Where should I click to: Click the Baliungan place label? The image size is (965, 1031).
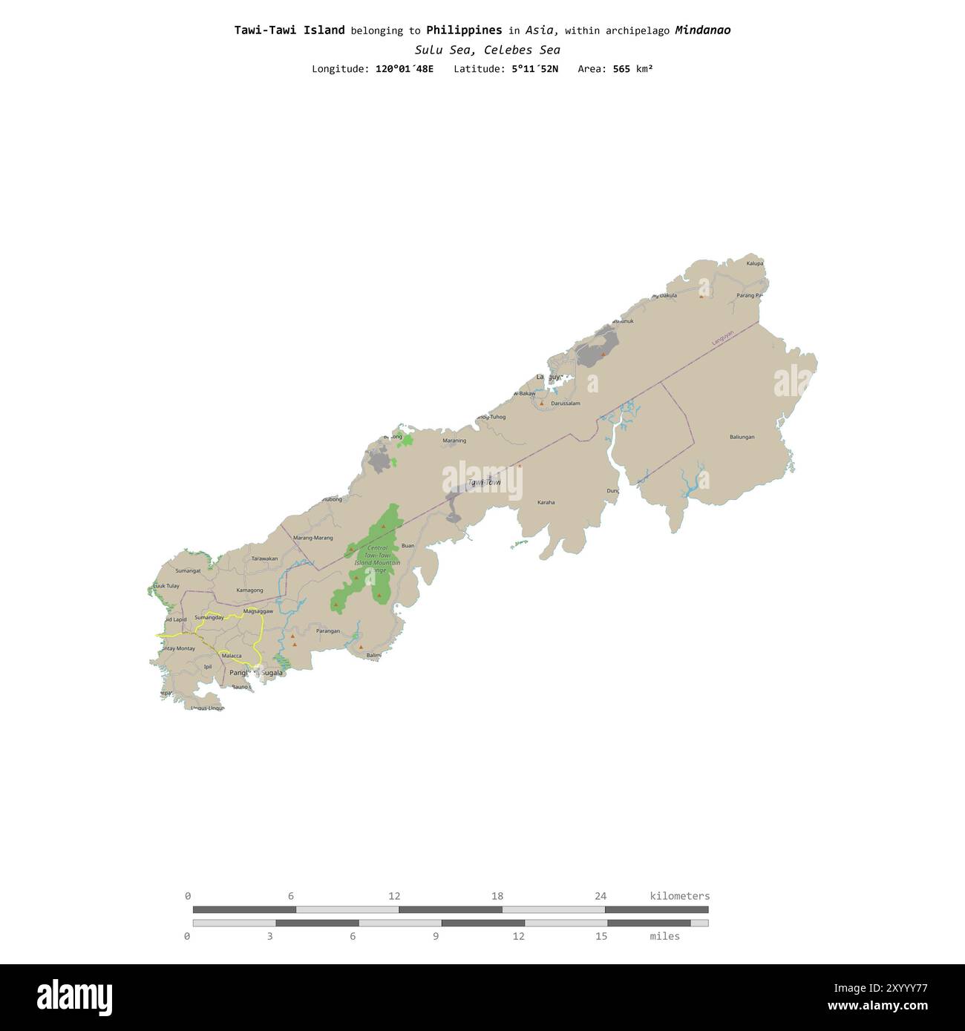[742, 437]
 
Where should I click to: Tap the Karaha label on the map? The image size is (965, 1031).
[546, 502]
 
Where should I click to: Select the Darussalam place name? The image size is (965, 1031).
[566, 403]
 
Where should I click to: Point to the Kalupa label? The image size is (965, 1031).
[754, 263]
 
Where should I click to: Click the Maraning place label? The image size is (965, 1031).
[454, 441]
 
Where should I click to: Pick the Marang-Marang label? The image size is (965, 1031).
[313, 538]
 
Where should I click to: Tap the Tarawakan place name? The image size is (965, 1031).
[264, 559]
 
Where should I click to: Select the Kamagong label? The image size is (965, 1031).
[249, 590]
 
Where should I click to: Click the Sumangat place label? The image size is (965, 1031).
[188, 570]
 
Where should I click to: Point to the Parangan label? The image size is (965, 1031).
[327, 631]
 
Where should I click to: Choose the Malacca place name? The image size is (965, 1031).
[232, 656]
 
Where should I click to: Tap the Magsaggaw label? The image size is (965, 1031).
[258, 611]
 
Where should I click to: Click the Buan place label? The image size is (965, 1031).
[408, 546]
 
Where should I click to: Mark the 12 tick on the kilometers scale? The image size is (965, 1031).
[394, 896]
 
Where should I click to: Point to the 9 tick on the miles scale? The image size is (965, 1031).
[436, 936]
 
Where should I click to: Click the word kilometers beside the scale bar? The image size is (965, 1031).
[679, 896]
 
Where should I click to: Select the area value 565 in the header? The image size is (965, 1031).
[621, 69]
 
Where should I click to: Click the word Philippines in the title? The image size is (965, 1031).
[464, 30]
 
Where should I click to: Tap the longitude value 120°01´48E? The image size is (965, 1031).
[405, 69]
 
